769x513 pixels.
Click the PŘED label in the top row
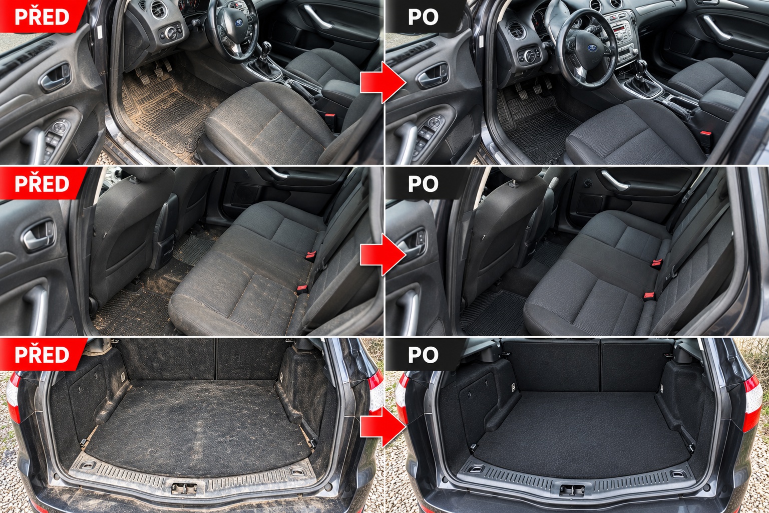click(x=42, y=17)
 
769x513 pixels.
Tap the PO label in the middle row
click(x=423, y=183)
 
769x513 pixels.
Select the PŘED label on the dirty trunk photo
click(x=42, y=354)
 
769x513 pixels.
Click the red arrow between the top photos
click(x=383, y=82)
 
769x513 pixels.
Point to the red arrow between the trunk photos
click(x=383, y=426)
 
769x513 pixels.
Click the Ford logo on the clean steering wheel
click(x=592, y=48)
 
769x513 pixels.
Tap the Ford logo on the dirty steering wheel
click(x=239, y=23)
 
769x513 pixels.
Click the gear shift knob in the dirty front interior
click(x=266, y=47)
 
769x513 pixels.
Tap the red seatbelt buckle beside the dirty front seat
click(x=330, y=117)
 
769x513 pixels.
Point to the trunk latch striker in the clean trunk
click(x=572, y=489)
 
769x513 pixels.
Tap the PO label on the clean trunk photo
click(x=423, y=354)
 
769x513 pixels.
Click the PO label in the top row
click(x=423, y=17)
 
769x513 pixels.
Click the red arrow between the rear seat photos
click(x=383, y=254)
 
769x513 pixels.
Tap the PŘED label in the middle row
click(x=42, y=183)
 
